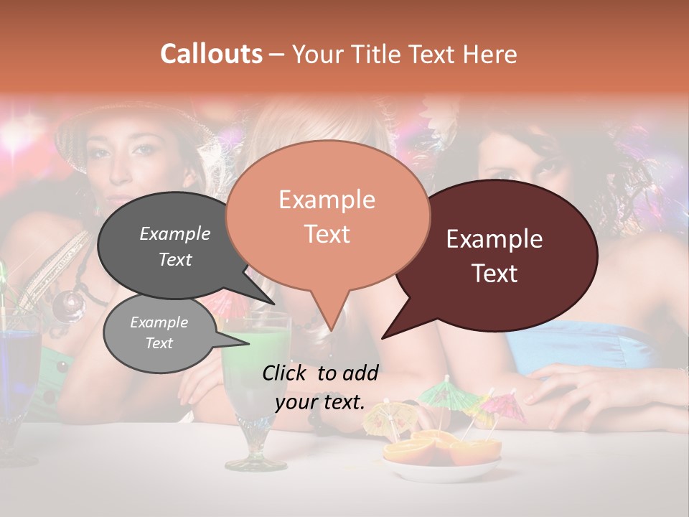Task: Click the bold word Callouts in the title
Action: click(x=211, y=54)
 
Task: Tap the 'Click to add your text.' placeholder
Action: click(x=320, y=387)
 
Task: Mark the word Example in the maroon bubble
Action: click(x=494, y=239)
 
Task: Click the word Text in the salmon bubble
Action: click(x=327, y=234)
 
